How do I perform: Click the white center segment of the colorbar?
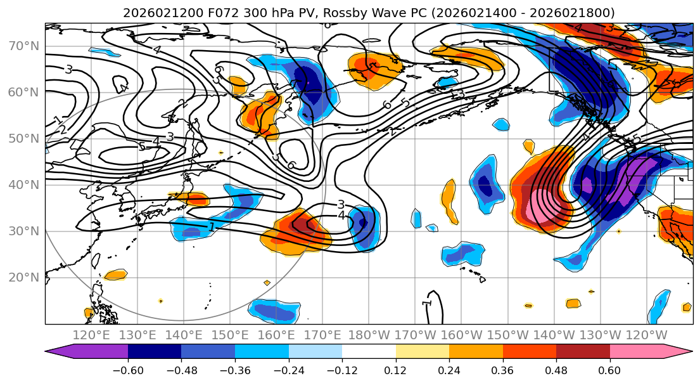pos(369,353)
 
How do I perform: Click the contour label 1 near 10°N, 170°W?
pos(427,304)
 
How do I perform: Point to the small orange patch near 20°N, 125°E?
pos(115,275)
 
